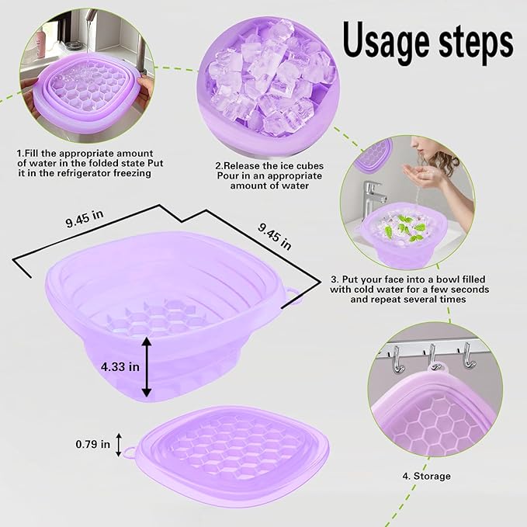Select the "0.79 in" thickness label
pyautogui.click(x=93, y=444)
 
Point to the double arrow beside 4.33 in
pyautogui.click(x=145, y=364)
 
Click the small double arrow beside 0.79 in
pyautogui.click(x=119, y=445)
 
